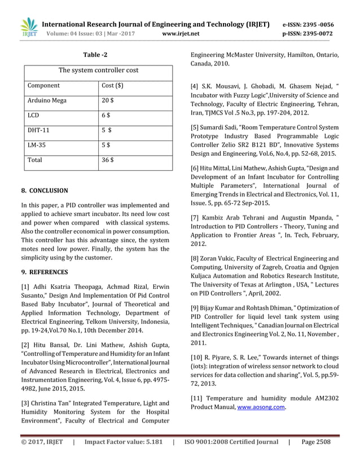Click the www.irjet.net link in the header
[x=181, y=34]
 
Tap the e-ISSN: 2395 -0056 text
[x=308, y=25]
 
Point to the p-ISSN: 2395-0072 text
[x=308, y=34]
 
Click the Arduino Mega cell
[x=47, y=100]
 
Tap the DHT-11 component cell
[x=38, y=130]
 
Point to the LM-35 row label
[x=37, y=145]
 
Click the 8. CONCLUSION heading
[x=44, y=191]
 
